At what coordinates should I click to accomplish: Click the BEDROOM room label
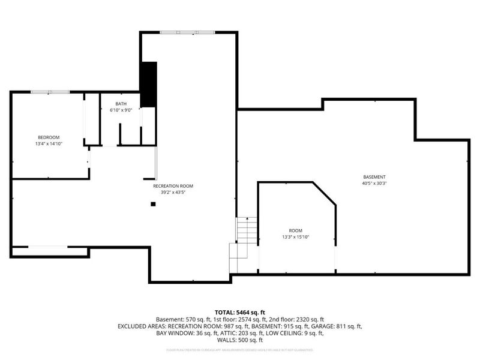coord(48,137)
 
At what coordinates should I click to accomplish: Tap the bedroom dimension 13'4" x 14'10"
coord(48,144)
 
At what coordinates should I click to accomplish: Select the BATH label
coord(121,104)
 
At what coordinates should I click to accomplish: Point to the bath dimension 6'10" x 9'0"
coord(121,110)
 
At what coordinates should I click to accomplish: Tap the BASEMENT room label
coord(374,176)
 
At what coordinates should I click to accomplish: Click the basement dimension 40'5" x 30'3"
coord(374,183)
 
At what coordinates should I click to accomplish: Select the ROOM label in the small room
coord(295,230)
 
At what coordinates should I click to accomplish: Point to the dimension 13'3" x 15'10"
coord(295,237)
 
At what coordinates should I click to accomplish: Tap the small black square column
coord(153,204)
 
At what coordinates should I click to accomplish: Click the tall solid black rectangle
coord(148,84)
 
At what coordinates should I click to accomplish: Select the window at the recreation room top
coord(187,32)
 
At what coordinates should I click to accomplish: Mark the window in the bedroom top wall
coord(50,92)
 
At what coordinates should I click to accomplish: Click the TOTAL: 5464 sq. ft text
coord(240,313)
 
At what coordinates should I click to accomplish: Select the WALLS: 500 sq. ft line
coord(240,340)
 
